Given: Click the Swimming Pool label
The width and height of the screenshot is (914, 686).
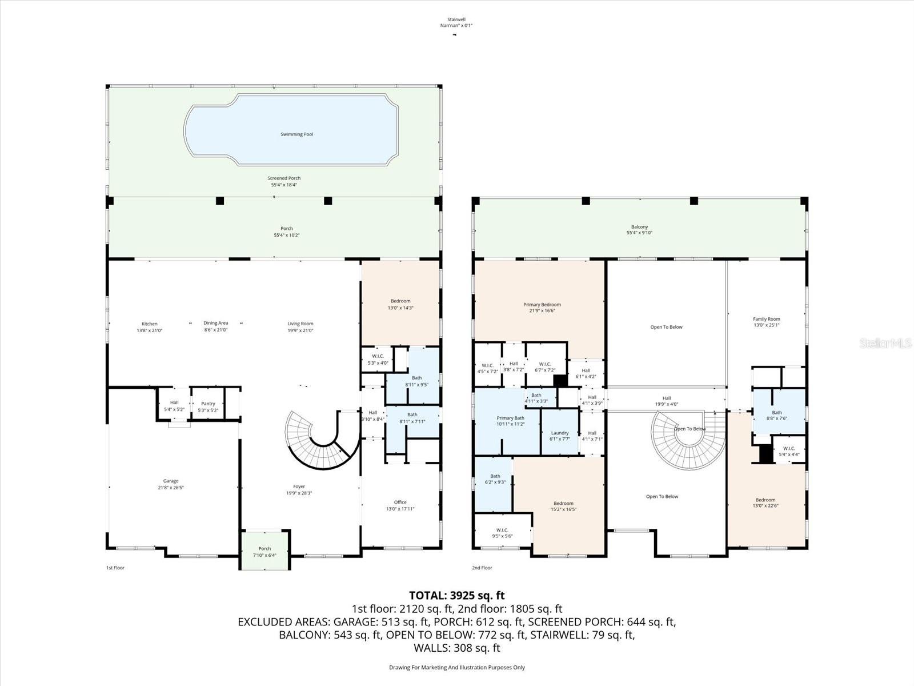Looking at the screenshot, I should pyautogui.click(x=296, y=134).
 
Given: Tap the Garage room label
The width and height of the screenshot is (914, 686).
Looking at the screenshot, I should pyautogui.click(x=171, y=481).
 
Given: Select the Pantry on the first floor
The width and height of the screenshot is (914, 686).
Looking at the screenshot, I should pyautogui.click(x=208, y=404).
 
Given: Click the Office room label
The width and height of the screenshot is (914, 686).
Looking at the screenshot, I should pyautogui.click(x=400, y=502).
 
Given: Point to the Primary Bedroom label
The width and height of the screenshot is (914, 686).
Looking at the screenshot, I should pyautogui.click(x=542, y=305).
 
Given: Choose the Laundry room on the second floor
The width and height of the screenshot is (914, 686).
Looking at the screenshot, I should pyautogui.click(x=560, y=433).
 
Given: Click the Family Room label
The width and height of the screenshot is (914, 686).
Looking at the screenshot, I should pyautogui.click(x=766, y=319).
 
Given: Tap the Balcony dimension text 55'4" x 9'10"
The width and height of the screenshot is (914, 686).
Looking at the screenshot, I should pyautogui.click(x=639, y=233).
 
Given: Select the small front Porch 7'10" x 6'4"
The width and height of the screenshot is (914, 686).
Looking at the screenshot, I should pyautogui.click(x=264, y=552).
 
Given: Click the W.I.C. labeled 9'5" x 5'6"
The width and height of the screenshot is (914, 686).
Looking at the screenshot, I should pyautogui.click(x=502, y=533).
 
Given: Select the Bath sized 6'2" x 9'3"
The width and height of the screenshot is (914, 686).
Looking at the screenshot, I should pyautogui.click(x=495, y=479).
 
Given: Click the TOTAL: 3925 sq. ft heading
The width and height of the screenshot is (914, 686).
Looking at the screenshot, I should pyautogui.click(x=456, y=595).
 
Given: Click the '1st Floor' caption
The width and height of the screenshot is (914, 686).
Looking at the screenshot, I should pyautogui.click(x=115, y=568).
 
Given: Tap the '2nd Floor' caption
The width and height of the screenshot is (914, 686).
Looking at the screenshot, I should pyautogui.click(x=482, y=568).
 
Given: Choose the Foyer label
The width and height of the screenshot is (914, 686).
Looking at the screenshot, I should pyautogui.click(x=299, y=487).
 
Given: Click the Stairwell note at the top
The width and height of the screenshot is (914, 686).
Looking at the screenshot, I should pyautogui.click(x=456, y=22).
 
